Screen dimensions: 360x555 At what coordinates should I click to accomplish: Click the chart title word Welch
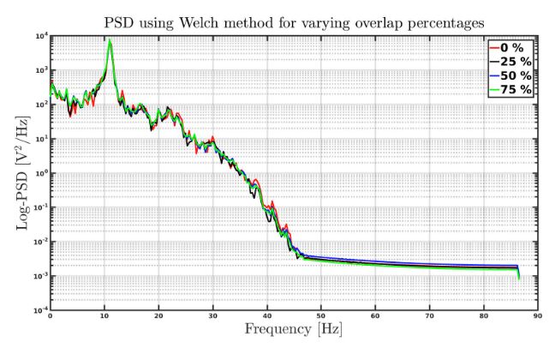tap(228, 19)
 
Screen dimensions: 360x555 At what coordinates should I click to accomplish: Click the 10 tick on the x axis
tap(104, 316)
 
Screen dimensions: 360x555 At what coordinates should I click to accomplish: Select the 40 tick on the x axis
tap(266, 316)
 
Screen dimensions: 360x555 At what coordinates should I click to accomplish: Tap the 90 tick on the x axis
tap(536, 316)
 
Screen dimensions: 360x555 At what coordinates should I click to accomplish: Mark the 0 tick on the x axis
tap(50, 316)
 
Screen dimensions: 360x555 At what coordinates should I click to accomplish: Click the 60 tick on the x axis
tap(374, 316)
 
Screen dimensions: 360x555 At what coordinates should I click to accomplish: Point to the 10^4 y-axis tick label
tap(38, 35)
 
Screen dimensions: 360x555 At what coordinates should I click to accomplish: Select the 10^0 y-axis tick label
tap(38, 172)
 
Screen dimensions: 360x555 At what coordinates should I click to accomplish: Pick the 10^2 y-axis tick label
tap(38, 104)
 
